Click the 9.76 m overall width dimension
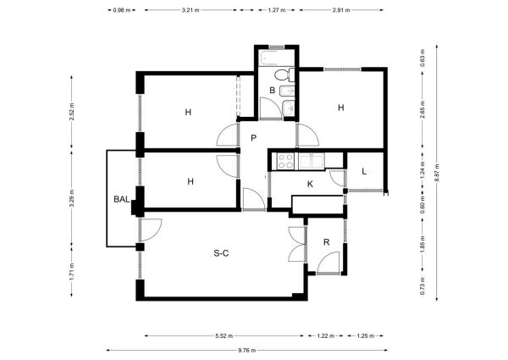tap(247, 350)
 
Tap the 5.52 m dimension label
tap(224, 335)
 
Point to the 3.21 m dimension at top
tap(190, 10)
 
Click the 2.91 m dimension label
tap(341, 10)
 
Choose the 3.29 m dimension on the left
tap(72, 198)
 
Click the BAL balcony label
tap(122, 199)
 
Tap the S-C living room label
tap(221, 253)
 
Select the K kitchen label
tap(310, 184)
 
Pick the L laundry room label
tap(364, 171)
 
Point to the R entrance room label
tap(327, 242)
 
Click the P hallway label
tap(254, 138)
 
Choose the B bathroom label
tap(272, 91)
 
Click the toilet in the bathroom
tap(284, 75)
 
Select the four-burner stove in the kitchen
tap(286, 161)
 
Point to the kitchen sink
tap(311, 162)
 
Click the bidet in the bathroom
tap(287, 91)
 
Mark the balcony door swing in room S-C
tap(151, 230)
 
